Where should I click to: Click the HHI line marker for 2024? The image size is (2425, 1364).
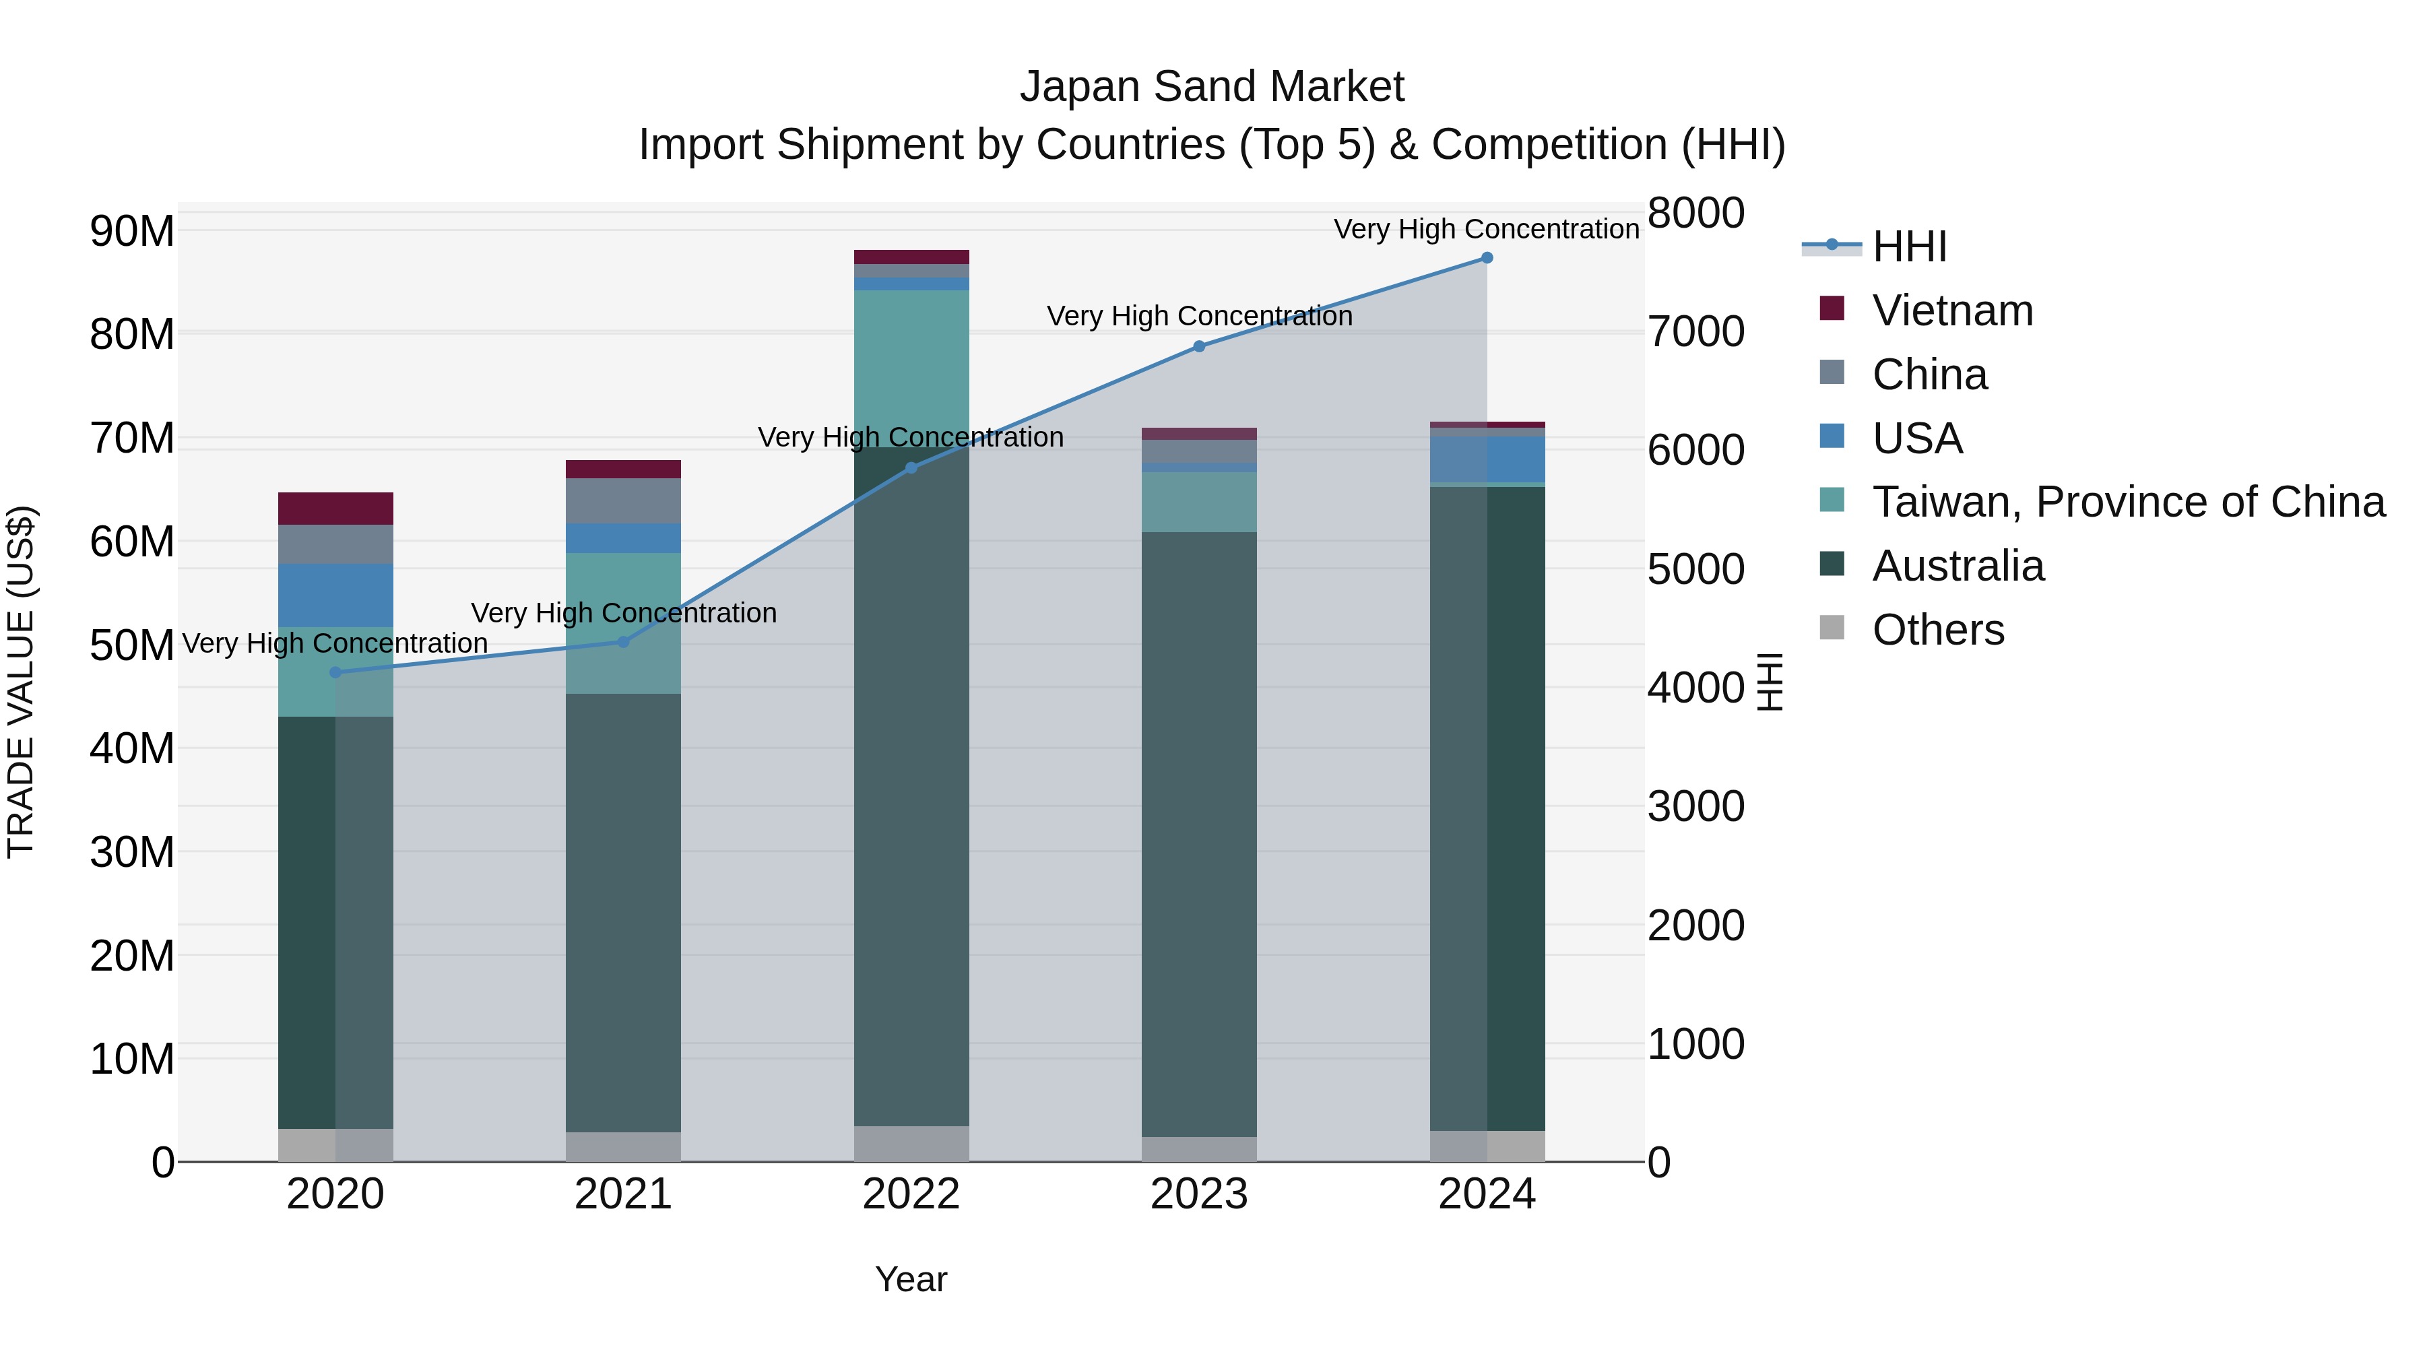click(x=1487, y=258)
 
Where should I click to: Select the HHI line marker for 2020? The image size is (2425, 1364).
click(x=335, y=672)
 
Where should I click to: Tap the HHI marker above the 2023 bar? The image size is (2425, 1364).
click(x=1198, y=346)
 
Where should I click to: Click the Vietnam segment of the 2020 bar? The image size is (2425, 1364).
click(x=335, y=509)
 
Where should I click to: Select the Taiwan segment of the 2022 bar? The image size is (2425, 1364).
click(x=910, y=367)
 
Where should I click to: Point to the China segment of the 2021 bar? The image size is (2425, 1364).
click(x=622, y=500)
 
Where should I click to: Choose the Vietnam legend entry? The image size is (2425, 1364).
click(x=1951, y=311)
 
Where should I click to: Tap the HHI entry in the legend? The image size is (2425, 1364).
click(x=1908, y=247)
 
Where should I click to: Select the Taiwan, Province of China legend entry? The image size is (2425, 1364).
click(x=2127, y=502)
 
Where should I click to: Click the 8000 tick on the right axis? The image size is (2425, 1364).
click(x=1695, y=213)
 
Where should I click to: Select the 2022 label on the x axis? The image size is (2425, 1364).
click(x=910, y=1194)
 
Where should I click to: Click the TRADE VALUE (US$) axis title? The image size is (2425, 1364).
click(x=21, y=682)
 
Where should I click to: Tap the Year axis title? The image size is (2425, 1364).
click(x=910, y=1279)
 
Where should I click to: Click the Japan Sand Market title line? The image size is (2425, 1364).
click(x=1212, y=87)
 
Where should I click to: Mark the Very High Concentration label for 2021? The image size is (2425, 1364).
click(x=623, y=613)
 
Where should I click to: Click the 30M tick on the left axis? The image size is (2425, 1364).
click(x=132, y=853)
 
